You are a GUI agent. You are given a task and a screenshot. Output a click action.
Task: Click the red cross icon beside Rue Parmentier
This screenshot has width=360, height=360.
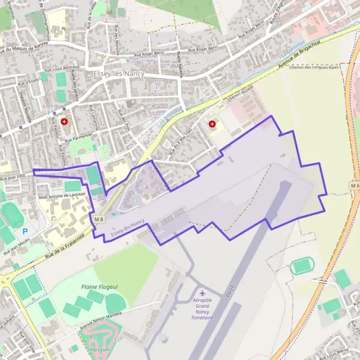pos(64,121)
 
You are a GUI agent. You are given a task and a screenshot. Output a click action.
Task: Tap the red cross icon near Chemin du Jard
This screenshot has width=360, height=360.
pos(212,124)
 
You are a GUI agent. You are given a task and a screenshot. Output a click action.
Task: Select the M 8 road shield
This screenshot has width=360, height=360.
pos(99,220)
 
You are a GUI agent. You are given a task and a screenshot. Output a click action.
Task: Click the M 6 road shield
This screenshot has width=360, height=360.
pos(354,186)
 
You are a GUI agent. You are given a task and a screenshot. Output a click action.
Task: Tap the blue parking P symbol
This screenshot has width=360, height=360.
pos(25,231)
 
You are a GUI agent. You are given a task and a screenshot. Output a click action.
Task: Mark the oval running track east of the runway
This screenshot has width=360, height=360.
pos(302,266)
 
